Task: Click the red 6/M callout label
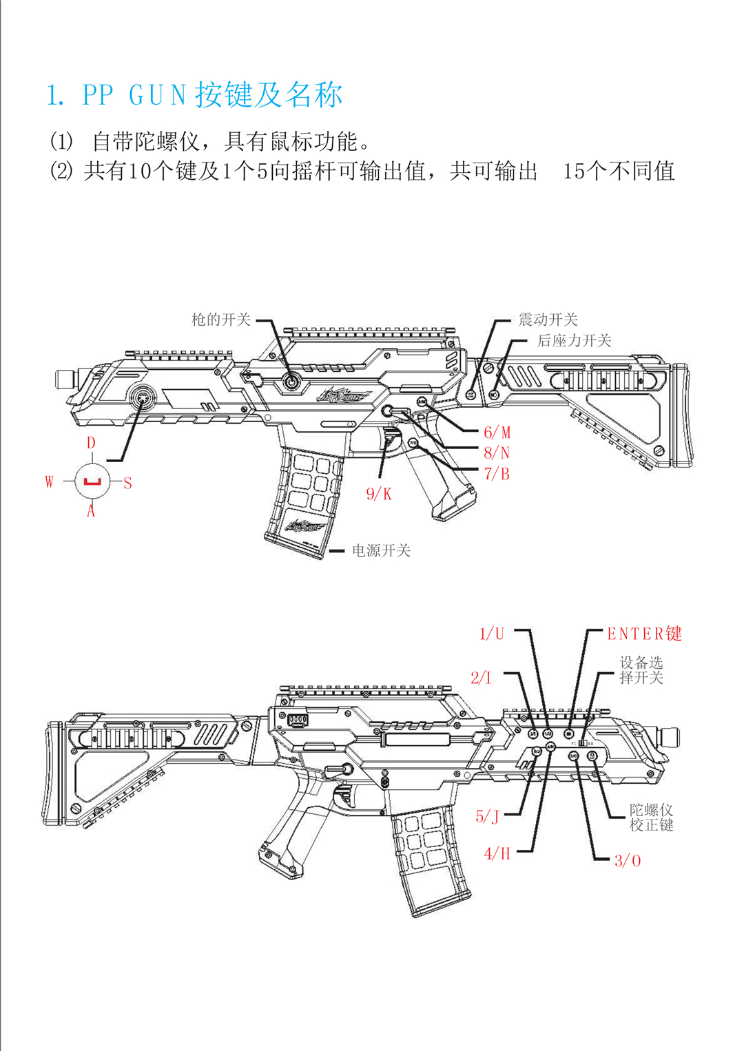(x=497, y=433)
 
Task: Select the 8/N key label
(x=497, y=453)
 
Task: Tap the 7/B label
(x=497, y=474)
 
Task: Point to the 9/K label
(x=378, y=494)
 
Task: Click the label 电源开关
(x=381, y=550)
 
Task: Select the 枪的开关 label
(x=220, y=320)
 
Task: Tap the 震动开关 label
(x=548, y=320)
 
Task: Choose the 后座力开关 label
(x=574, y=340)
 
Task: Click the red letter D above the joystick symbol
(x=91, y=443)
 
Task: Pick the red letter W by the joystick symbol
(x=49, y=481)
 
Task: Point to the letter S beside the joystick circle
(x=127, y=483)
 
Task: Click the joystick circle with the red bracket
(x=92, y=481)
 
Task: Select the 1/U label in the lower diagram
(x=492, y=634)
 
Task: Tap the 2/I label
(x=482, y=678)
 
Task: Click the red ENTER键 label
(x=644, y=634)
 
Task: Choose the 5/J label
(x=487, y=817)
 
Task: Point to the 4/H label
(x=497, y=854)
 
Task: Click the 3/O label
(x=628, y=860)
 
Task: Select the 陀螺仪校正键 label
(x=651, y=817)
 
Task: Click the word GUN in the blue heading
(x=158, y=95)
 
